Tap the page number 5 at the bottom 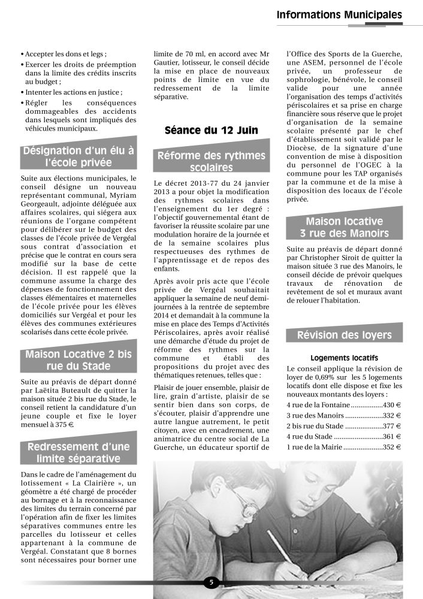click(211, 582)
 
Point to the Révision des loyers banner click(344, 335)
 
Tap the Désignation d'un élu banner click(78, 156)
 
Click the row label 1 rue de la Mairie click(313, 447)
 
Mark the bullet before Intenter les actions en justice click(22, 93)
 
